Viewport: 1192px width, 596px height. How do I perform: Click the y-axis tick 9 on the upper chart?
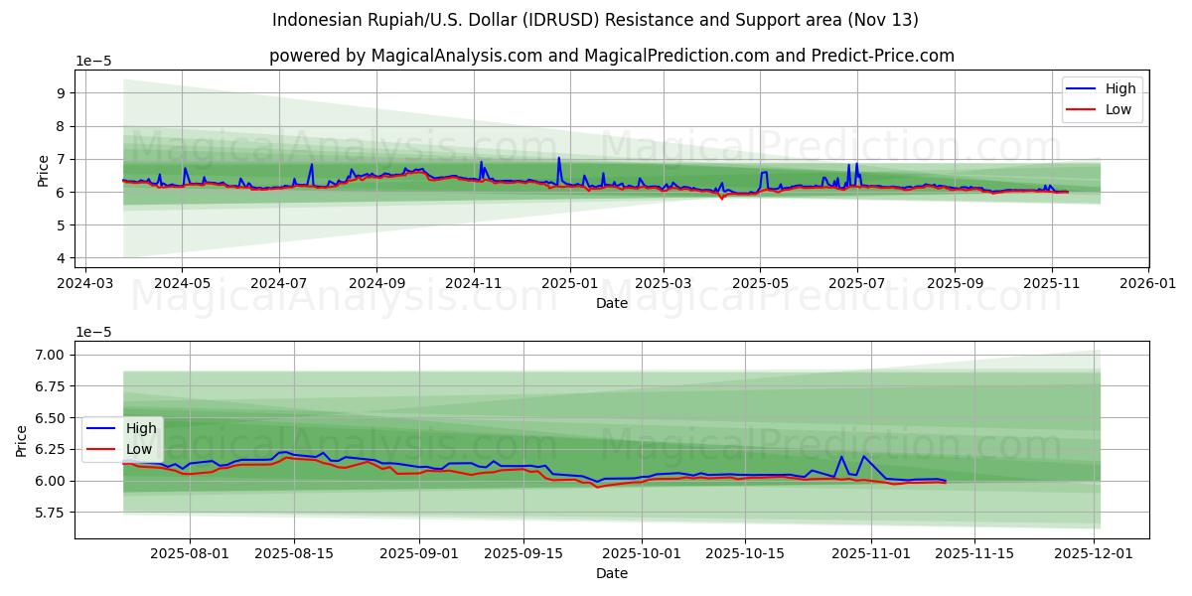[x=61, y=93]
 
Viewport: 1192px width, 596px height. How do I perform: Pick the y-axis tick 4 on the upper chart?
[x=61, y=258]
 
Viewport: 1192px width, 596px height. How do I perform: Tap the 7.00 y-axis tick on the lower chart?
[x=49, y=355]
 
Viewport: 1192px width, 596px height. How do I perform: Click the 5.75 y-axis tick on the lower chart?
[x=49, y=513]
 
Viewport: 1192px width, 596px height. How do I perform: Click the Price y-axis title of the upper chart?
[x=43, y=171]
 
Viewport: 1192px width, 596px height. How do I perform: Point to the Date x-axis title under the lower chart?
[x=612, y=574]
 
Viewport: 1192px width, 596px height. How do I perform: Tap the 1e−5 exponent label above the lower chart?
[x=94, y=332]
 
